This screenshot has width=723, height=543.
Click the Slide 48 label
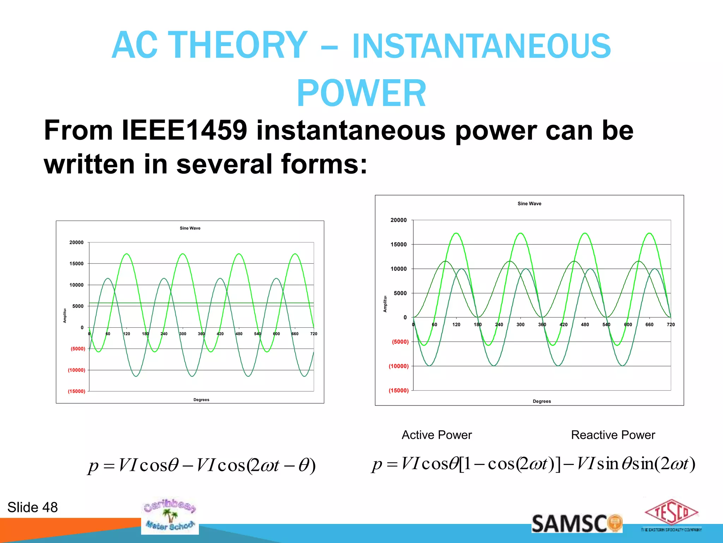(32, 507)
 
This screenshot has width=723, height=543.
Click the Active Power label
(437, 435)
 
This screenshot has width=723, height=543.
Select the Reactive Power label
(613, 435)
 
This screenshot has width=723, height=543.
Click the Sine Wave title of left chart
(190, 228)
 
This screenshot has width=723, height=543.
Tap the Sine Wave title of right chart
(529, 204)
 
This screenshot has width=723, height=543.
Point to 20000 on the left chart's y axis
(76, 243)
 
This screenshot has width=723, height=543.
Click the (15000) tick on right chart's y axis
(399, 391)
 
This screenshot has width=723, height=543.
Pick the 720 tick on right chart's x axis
(670, 325)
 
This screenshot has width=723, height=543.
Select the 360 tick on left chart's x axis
(201, 334)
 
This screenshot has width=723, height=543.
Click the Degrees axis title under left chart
(201, 400)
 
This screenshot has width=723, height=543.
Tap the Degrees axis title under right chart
(542, 401)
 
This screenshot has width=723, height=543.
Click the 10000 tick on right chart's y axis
(399, 269)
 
